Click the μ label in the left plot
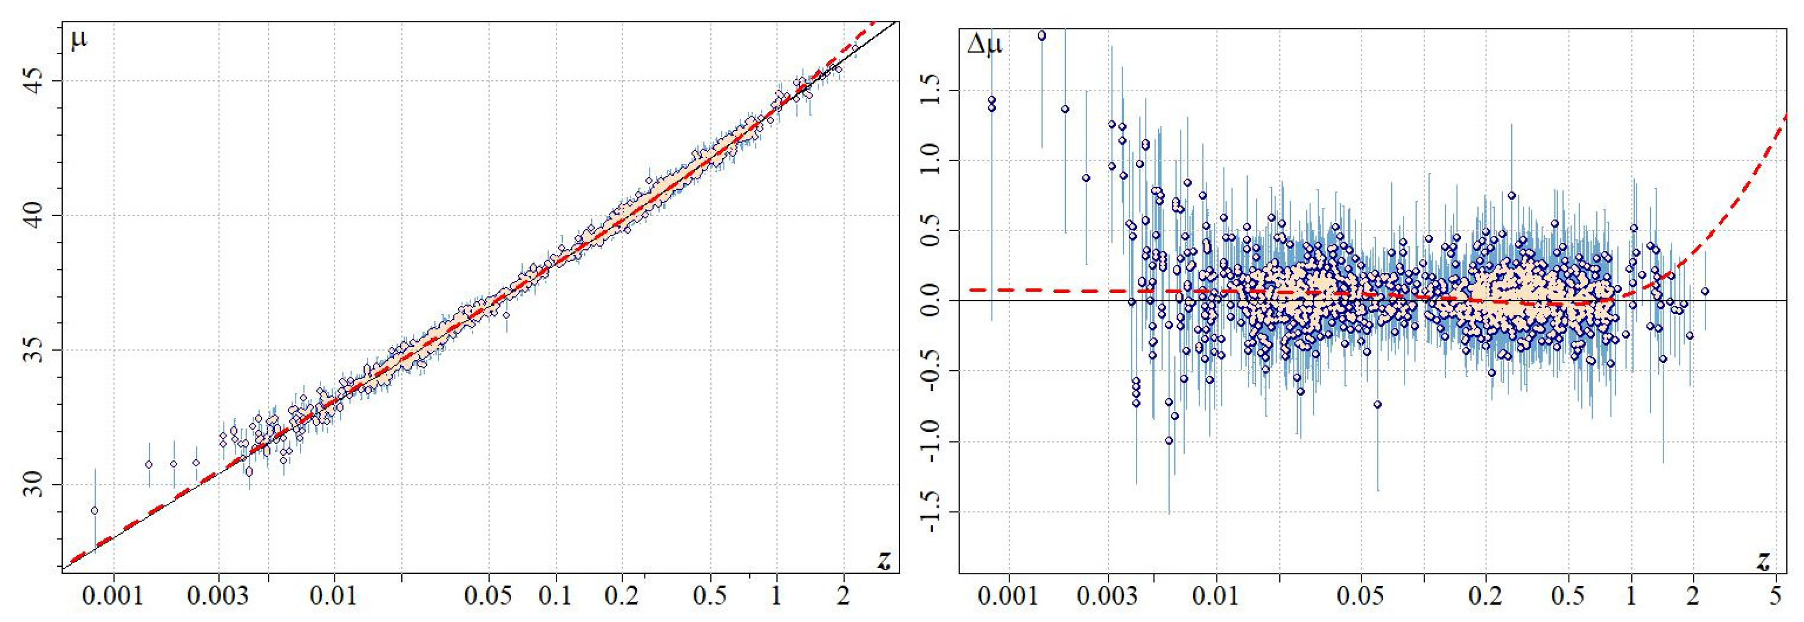pos(79,39)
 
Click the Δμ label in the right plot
pos(984,46)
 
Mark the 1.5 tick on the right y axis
pos(930,90)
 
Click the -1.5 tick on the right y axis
pos(930,512)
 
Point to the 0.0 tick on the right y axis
pos(930,301)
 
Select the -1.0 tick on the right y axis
pos(930,442)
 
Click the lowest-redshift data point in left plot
pos(95,510)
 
